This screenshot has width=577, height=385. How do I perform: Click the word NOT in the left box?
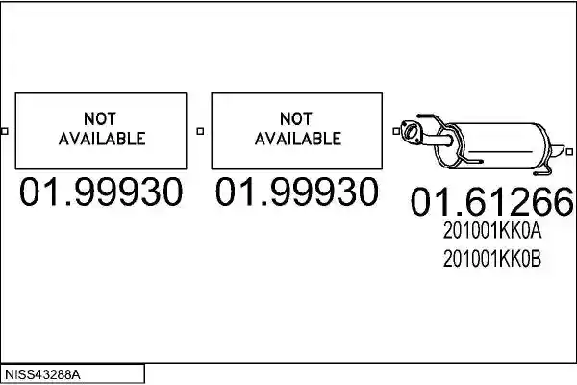(100, 119)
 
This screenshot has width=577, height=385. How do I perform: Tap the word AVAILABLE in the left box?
(102, 139)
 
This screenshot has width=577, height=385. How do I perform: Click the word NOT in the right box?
(296, 119)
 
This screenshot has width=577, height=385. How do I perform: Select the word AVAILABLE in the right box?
(298, 139)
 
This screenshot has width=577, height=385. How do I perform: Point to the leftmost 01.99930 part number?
(100, 192)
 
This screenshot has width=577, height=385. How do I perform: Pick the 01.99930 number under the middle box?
(296, 192)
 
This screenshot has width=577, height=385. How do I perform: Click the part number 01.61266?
(492, 201)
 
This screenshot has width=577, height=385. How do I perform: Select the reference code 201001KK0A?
(492, 231)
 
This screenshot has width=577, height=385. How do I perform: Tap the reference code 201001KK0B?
(492, 259)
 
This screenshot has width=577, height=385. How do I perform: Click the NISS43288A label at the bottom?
(42, 375)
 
